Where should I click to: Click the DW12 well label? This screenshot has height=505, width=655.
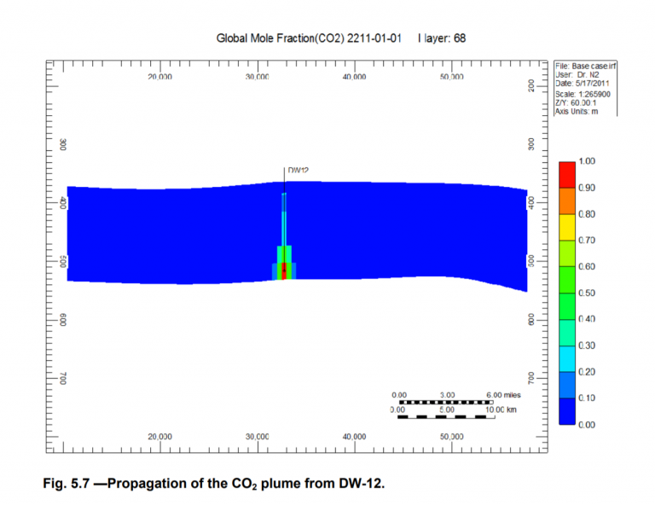298,171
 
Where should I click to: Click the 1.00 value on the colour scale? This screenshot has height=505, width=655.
585,161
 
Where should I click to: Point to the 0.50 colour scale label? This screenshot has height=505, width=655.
585,293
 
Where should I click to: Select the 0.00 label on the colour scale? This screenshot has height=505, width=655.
585,425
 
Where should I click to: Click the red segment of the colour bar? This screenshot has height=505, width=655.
566,173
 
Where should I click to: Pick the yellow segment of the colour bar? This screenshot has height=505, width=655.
566,226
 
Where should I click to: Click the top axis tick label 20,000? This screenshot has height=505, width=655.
159,77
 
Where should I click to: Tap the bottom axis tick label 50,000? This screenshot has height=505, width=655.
451,436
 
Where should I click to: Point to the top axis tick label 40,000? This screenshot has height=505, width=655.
354,77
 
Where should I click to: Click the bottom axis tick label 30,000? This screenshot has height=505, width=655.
257,436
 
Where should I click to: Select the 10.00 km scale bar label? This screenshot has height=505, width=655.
500,409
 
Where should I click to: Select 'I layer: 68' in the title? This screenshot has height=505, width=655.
442,39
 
